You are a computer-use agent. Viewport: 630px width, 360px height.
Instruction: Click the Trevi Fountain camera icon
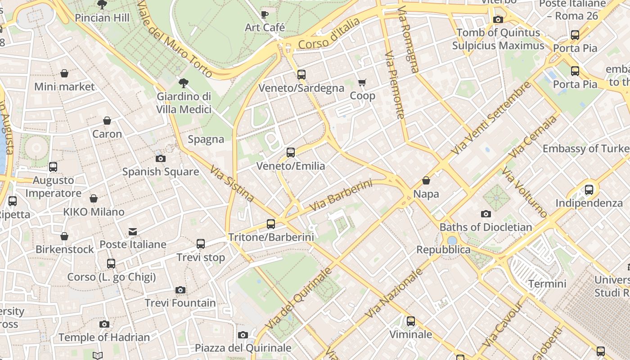[180, 290]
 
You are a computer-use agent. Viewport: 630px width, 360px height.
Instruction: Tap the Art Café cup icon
[265, 14]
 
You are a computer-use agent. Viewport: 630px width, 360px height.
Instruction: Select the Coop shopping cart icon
[362, 82]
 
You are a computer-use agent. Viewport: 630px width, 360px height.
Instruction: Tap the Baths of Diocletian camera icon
[486, 214]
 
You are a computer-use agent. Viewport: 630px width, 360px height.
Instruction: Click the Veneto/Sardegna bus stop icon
[301, 75]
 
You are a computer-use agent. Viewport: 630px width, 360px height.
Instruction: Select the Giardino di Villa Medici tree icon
[183, 83]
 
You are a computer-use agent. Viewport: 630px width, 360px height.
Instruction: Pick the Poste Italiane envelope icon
[133, 231]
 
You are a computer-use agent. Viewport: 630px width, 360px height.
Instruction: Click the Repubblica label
[443, 250]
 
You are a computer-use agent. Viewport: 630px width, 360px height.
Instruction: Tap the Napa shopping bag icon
[426, 181]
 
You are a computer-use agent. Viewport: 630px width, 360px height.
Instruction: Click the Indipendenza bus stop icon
[589, 190]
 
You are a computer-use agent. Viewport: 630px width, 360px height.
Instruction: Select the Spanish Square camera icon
[160, 158]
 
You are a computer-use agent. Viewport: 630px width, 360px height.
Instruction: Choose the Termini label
[547, 284]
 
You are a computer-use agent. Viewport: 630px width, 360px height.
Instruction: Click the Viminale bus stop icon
[410, 321]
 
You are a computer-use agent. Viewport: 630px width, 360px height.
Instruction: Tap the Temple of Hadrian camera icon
[104, 324]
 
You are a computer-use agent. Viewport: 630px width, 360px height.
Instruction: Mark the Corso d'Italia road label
[329, 34]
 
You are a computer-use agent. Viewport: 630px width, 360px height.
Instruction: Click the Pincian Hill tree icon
[102, 5]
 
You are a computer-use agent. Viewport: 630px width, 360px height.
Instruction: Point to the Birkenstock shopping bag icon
[64, 236]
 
